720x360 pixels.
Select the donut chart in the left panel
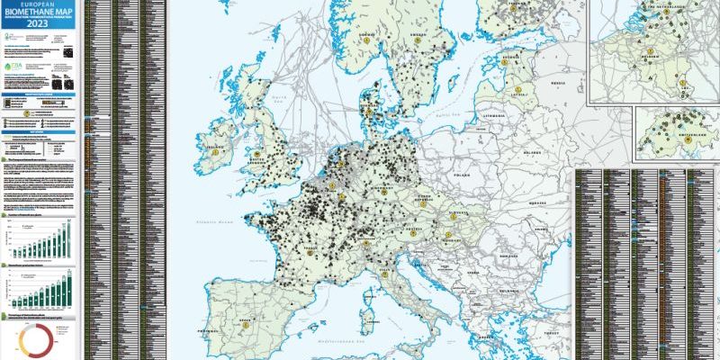[38, 339]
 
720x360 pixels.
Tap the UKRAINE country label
[540, 203]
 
